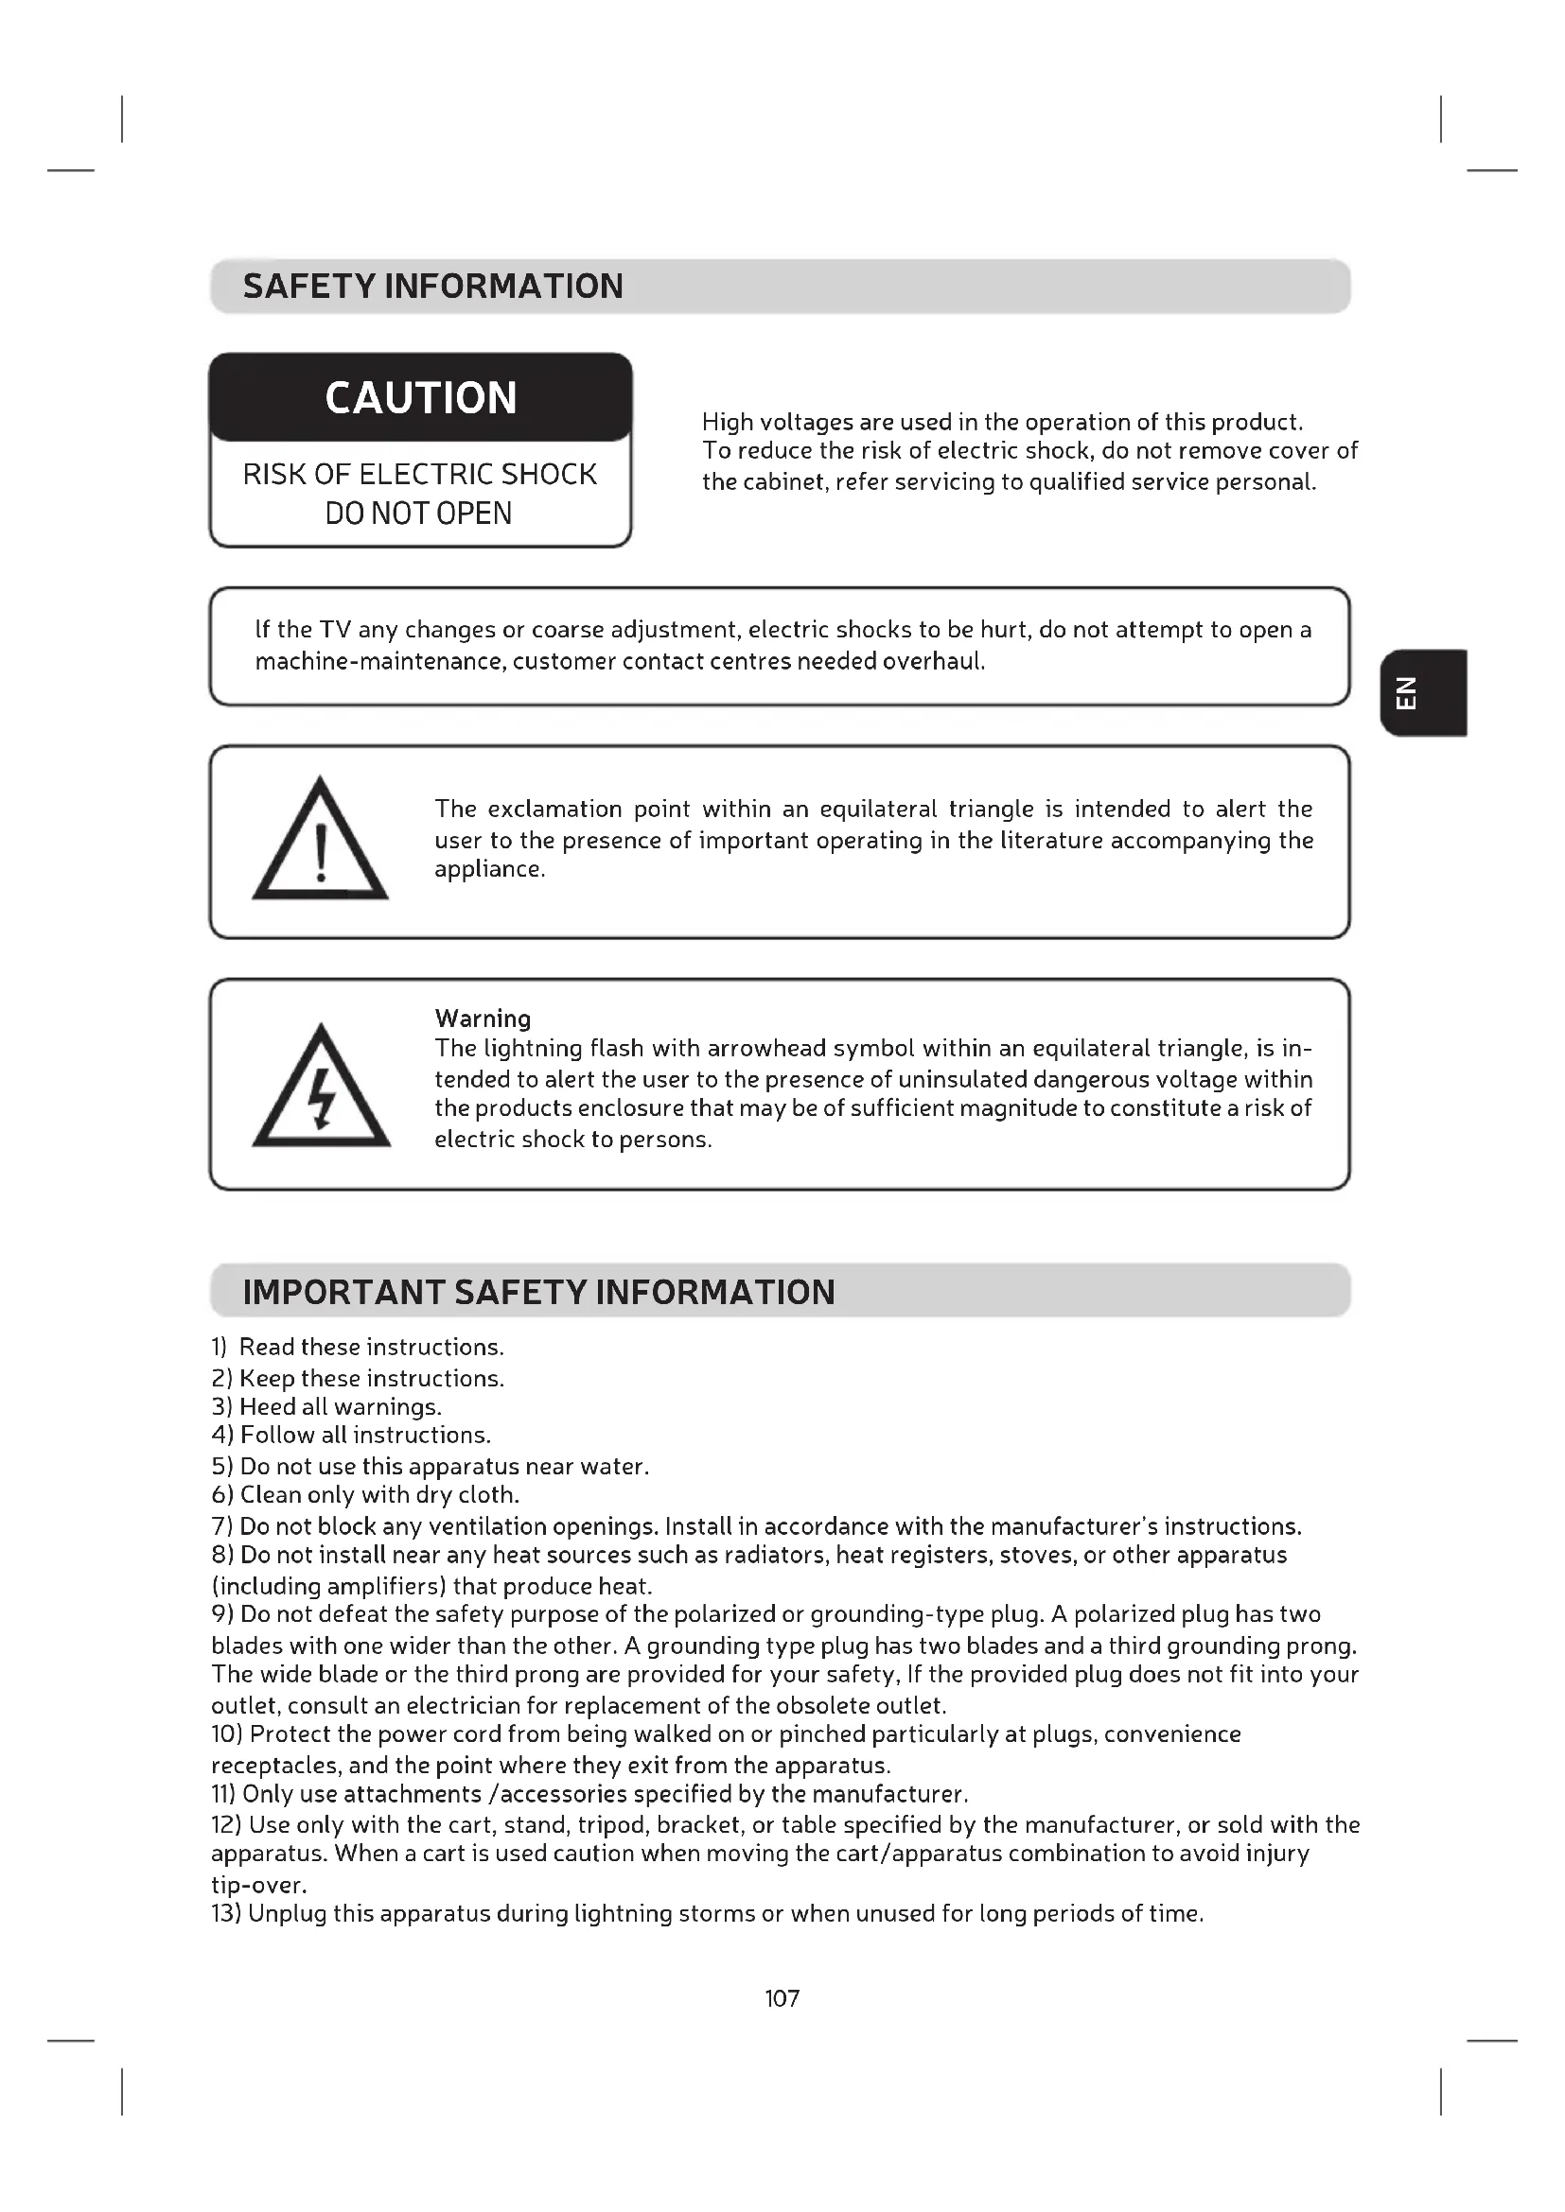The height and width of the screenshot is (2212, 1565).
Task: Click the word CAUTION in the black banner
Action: point(420,398)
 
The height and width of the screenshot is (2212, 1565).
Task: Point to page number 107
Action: point(782,1998)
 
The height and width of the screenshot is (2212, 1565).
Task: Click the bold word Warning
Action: point(483,1019)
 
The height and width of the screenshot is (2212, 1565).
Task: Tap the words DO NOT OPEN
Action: point(418,514)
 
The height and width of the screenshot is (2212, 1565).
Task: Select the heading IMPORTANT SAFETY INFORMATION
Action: point(537,1292)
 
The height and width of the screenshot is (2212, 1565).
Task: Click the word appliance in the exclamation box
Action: point(487,869)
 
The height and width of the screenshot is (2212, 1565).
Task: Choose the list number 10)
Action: point(227,1734)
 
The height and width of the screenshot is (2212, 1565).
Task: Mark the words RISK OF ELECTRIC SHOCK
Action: point(419,474)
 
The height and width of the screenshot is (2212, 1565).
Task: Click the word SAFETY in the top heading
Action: point(308,287)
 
